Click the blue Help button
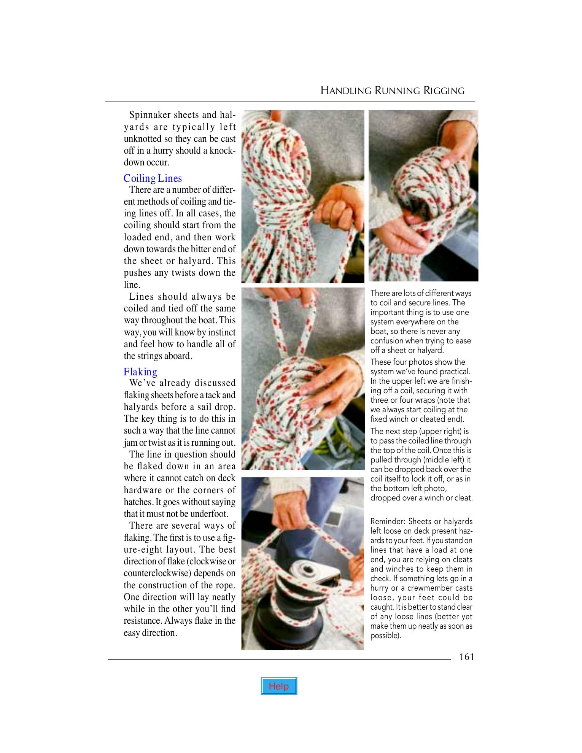279,686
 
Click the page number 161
466,657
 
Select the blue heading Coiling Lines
153,178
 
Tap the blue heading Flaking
140,372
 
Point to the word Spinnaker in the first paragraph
150,115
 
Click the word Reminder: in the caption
387,521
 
